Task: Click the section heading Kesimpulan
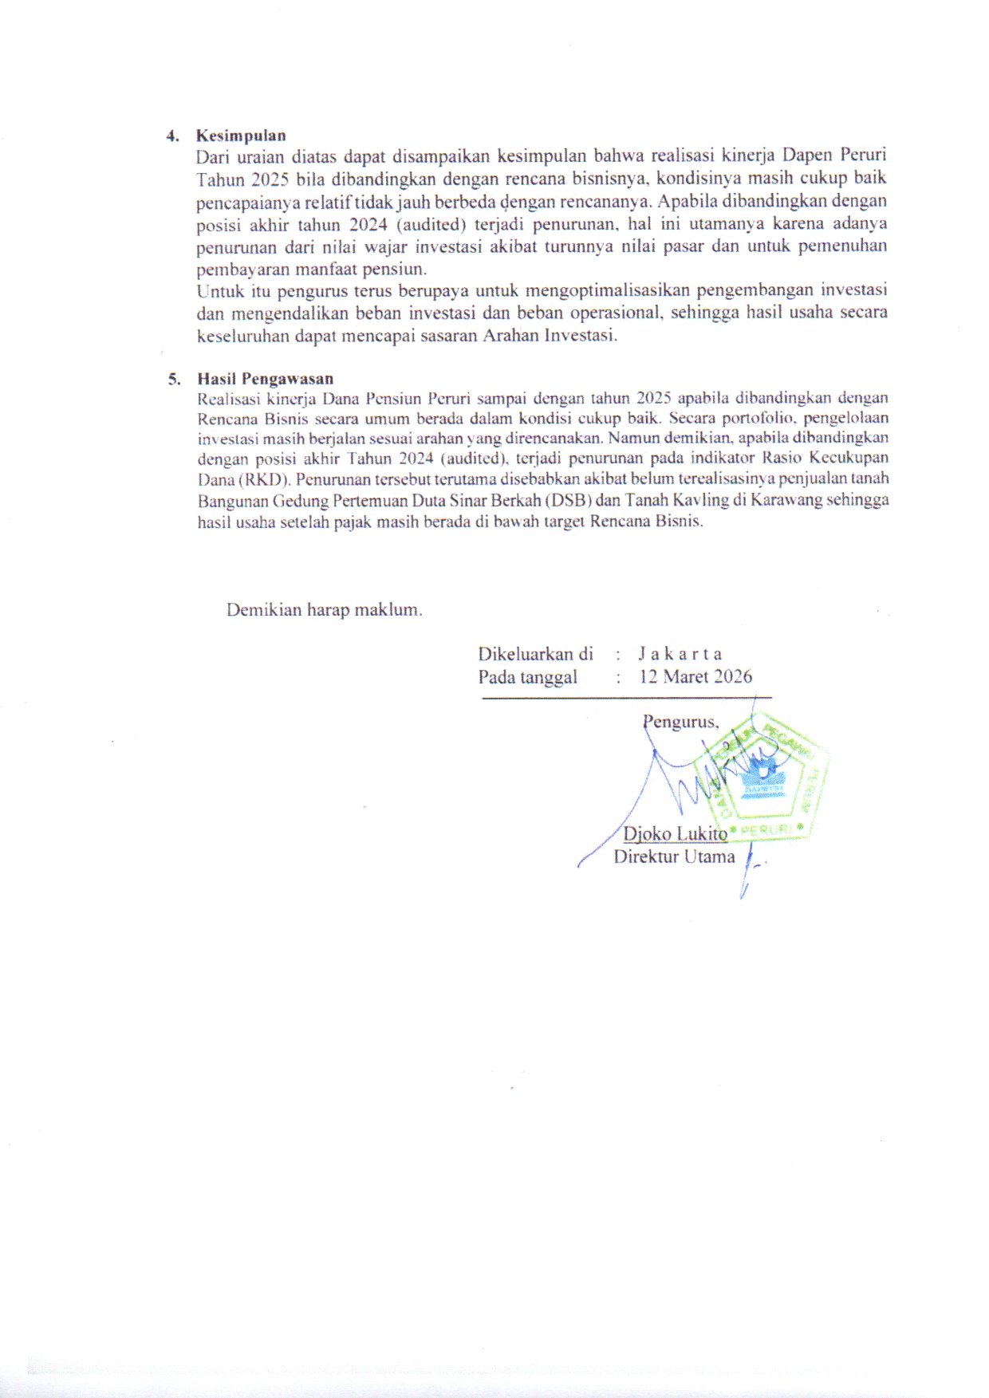(241, 136)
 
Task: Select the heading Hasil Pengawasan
(266, 379)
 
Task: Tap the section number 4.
(171, 136)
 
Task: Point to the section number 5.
(172, 380)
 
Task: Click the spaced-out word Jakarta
(680, 654)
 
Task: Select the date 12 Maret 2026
(695, 677)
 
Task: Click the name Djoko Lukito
(675, 833)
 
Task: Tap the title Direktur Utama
(674, 857)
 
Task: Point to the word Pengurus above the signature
(681, 723)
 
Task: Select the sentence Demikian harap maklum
(325, 610)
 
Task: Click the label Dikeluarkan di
(535, 654)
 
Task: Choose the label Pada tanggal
(527, 677)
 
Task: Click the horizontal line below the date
(627, 699)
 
